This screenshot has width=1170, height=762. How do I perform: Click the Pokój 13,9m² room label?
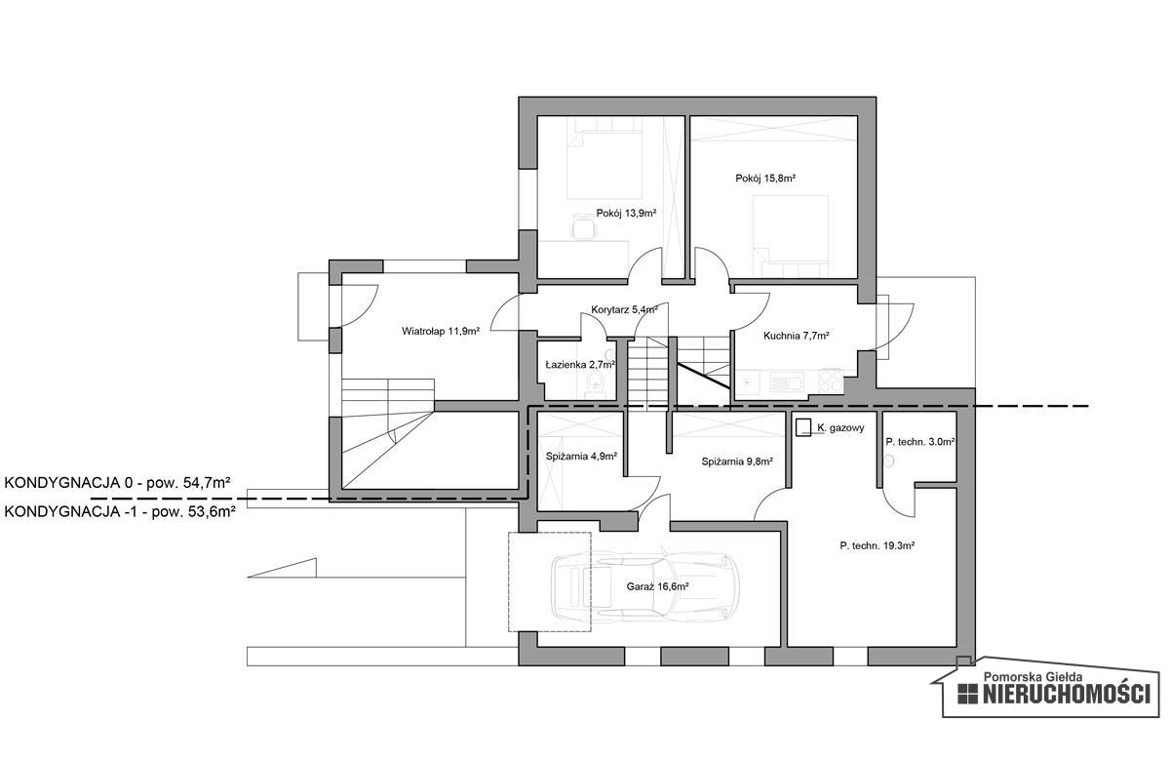626,214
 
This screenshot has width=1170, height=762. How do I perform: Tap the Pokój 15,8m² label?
765,179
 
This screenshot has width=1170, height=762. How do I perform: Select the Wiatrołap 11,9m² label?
441,331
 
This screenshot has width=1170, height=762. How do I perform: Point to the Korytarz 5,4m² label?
624,309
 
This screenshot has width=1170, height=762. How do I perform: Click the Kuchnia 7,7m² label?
796,336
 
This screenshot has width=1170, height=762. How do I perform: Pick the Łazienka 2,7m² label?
580,364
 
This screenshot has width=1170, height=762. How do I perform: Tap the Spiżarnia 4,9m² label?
581,456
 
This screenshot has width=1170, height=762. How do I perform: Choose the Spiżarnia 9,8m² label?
737,461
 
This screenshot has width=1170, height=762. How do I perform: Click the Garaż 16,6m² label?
657,586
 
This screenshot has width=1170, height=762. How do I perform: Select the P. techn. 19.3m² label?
877,545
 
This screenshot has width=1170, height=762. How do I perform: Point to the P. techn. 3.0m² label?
920,442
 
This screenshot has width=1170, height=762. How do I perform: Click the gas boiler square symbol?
803,427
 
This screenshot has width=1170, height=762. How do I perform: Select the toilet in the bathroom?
596,382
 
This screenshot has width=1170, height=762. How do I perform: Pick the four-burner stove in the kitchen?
830,381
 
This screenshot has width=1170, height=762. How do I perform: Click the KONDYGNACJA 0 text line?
118,482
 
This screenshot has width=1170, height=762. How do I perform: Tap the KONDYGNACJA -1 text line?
120,511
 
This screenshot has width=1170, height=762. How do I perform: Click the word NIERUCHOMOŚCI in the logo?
1067,694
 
